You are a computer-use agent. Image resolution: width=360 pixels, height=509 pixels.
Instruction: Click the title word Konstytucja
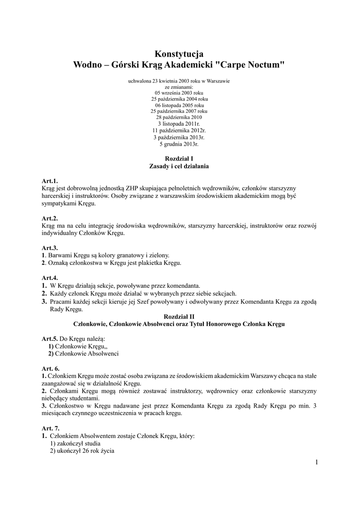pos(180,54)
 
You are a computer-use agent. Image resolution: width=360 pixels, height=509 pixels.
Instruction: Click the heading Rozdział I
pos(180,158)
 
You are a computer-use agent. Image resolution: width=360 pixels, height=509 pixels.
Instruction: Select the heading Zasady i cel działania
pos(180,166)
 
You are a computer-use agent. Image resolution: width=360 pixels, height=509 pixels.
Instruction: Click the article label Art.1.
pos(50,181)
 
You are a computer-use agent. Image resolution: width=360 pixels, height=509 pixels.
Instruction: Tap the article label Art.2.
pos(50,218)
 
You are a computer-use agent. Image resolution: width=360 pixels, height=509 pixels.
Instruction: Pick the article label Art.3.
pos(50,248)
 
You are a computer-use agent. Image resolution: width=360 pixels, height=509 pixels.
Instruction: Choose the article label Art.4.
pos(50,277)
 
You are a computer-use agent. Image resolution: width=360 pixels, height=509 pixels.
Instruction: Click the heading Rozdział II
pos(180,316)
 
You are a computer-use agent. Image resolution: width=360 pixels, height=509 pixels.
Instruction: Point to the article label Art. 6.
pos(51,368)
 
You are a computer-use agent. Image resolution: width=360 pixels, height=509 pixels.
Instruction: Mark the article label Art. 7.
pos(51,428)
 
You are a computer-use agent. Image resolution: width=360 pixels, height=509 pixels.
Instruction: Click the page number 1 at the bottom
pos(316,463)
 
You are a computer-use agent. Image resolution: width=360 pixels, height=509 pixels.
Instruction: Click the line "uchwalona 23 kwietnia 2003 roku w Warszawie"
pos(180,80)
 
